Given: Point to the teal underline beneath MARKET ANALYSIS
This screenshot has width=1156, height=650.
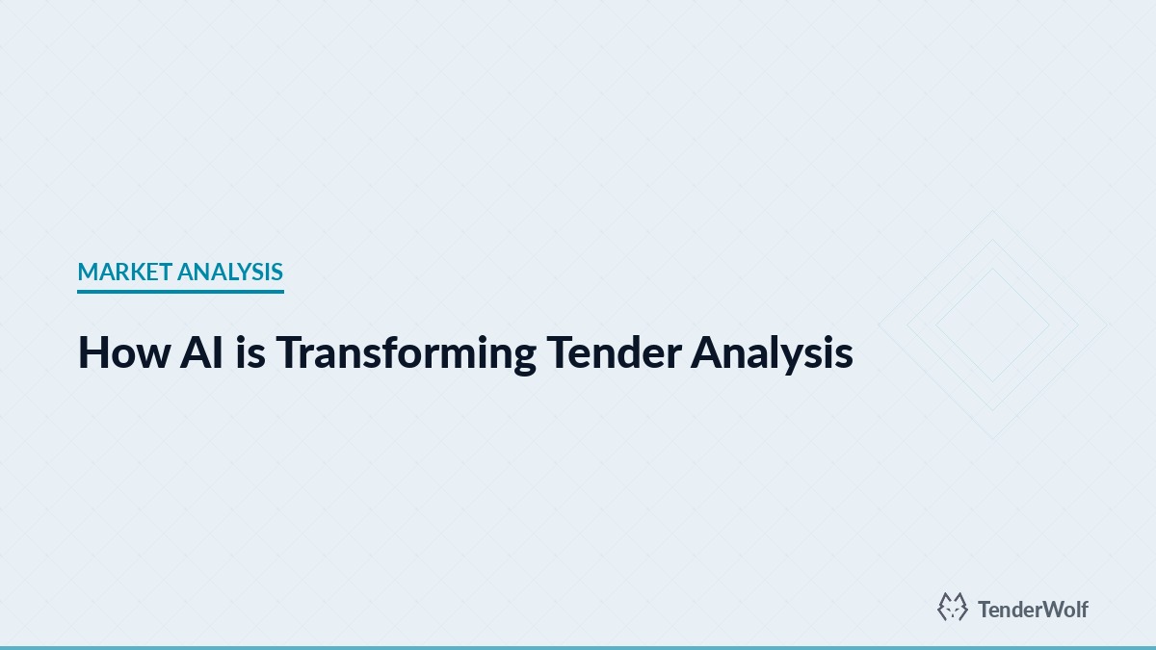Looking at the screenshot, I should click(x=180, y=291).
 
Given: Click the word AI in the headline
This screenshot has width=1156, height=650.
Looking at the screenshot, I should click(x=199, y=353).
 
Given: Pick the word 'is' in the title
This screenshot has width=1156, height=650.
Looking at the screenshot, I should click(x=247, y=353).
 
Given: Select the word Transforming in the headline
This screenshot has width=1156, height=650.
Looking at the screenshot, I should click(x=406, y=353).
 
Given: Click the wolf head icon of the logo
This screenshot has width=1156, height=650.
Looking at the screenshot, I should click(x=953, y=607).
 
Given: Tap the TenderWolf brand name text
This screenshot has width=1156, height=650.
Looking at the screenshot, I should click(x=1033, y=609).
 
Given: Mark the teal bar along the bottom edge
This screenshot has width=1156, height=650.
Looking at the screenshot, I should click(x=578, y=647).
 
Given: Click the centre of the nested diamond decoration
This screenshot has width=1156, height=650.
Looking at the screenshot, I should click(x=992, y=325).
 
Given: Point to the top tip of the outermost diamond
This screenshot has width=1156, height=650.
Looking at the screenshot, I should click(x=992, y=211).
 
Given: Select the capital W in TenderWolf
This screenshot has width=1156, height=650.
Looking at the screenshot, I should click(x=1046, y=609).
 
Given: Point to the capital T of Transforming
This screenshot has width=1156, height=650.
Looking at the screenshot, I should click(x=290, y=353).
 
